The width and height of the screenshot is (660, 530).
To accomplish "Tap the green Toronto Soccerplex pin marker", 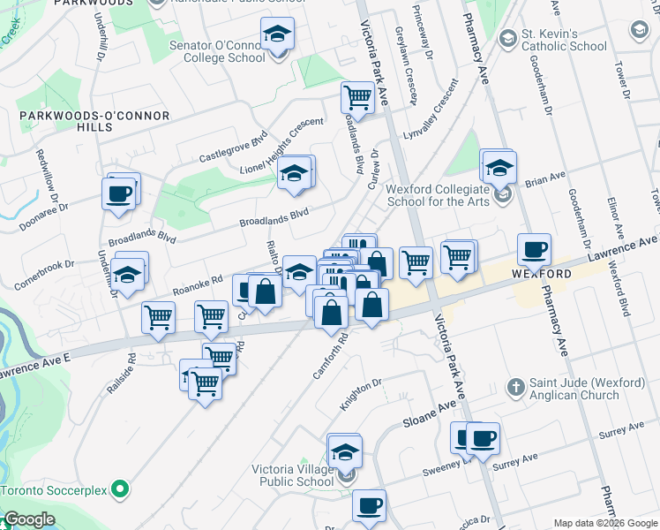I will pos(124,488).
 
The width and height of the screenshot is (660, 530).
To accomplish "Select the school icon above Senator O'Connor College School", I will pos(277,34).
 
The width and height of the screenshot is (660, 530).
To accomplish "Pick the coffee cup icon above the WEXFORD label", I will pos(533,249).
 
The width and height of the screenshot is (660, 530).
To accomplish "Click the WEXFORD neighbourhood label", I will pos(541,274).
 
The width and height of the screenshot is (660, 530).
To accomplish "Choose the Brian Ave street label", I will pos(544,179).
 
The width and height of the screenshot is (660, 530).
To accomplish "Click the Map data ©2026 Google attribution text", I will pos(606,523).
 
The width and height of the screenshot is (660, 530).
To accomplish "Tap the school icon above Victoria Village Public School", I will pos(345,451).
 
